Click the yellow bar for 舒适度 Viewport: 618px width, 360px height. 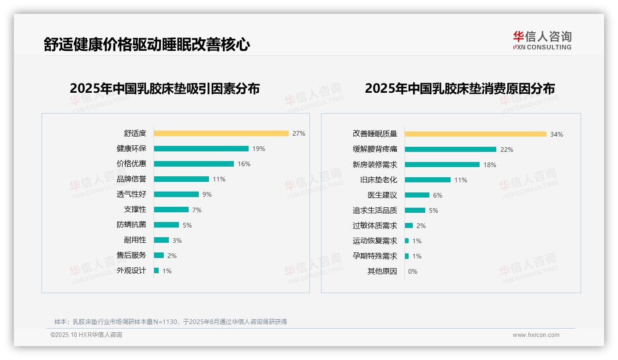click(221, 133)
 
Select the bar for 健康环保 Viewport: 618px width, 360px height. click(201, 149)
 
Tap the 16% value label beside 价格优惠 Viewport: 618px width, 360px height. click(244, 164)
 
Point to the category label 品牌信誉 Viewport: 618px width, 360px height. click(131, 179)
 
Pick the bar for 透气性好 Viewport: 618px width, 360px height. click(176, 194)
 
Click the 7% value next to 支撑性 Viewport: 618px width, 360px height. click(197, 210)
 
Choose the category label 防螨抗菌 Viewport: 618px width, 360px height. click(131, 225)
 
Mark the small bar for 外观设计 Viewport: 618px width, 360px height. click(156, 270)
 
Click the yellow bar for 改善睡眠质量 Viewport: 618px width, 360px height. click(475, 134)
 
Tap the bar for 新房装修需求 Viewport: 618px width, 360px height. click(442, 164)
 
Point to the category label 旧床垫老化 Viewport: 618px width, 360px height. click(379, 180)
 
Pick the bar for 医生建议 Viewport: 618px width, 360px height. click(417, 195)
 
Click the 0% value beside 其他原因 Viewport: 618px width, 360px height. click(413, 271)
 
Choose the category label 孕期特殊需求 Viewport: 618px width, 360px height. click(375, 256)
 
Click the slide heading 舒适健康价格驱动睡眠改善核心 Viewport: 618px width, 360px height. click(147, 45)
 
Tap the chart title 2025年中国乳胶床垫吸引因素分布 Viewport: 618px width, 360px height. click(165, 89)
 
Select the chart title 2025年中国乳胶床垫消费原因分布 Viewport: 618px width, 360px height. click(460, 89)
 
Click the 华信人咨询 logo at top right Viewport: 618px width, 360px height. click(542, 41)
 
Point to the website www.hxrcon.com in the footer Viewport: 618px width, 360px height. click(536, 335)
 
